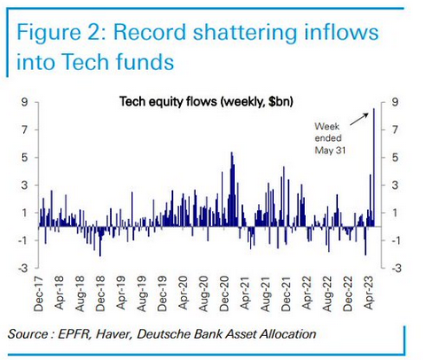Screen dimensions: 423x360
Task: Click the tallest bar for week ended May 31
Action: [x=374, y=168]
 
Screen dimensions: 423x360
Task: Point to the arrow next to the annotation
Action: [x=359, y=120]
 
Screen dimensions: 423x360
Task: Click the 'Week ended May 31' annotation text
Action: [x=330, y=138]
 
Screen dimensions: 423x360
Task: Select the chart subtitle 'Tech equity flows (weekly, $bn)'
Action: [x=207, y=102]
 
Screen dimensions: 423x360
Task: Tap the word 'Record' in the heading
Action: [x=151, y=32]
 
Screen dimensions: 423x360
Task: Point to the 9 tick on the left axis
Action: [x=24, y=102]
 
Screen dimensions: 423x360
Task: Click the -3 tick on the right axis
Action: [x=396, y=268]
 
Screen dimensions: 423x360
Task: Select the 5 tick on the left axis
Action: [x=24, y=158]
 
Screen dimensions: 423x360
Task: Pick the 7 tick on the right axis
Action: [x=396, y=129]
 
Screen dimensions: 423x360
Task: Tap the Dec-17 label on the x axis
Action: [x=39, y=293]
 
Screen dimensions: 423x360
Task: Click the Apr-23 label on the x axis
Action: [x=369, y=293]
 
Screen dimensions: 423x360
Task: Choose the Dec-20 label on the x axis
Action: [x=224, y=293]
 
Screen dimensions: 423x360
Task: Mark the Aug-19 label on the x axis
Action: [x=142, y=293]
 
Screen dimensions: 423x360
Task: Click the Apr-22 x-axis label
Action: [x=307, y=293]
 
